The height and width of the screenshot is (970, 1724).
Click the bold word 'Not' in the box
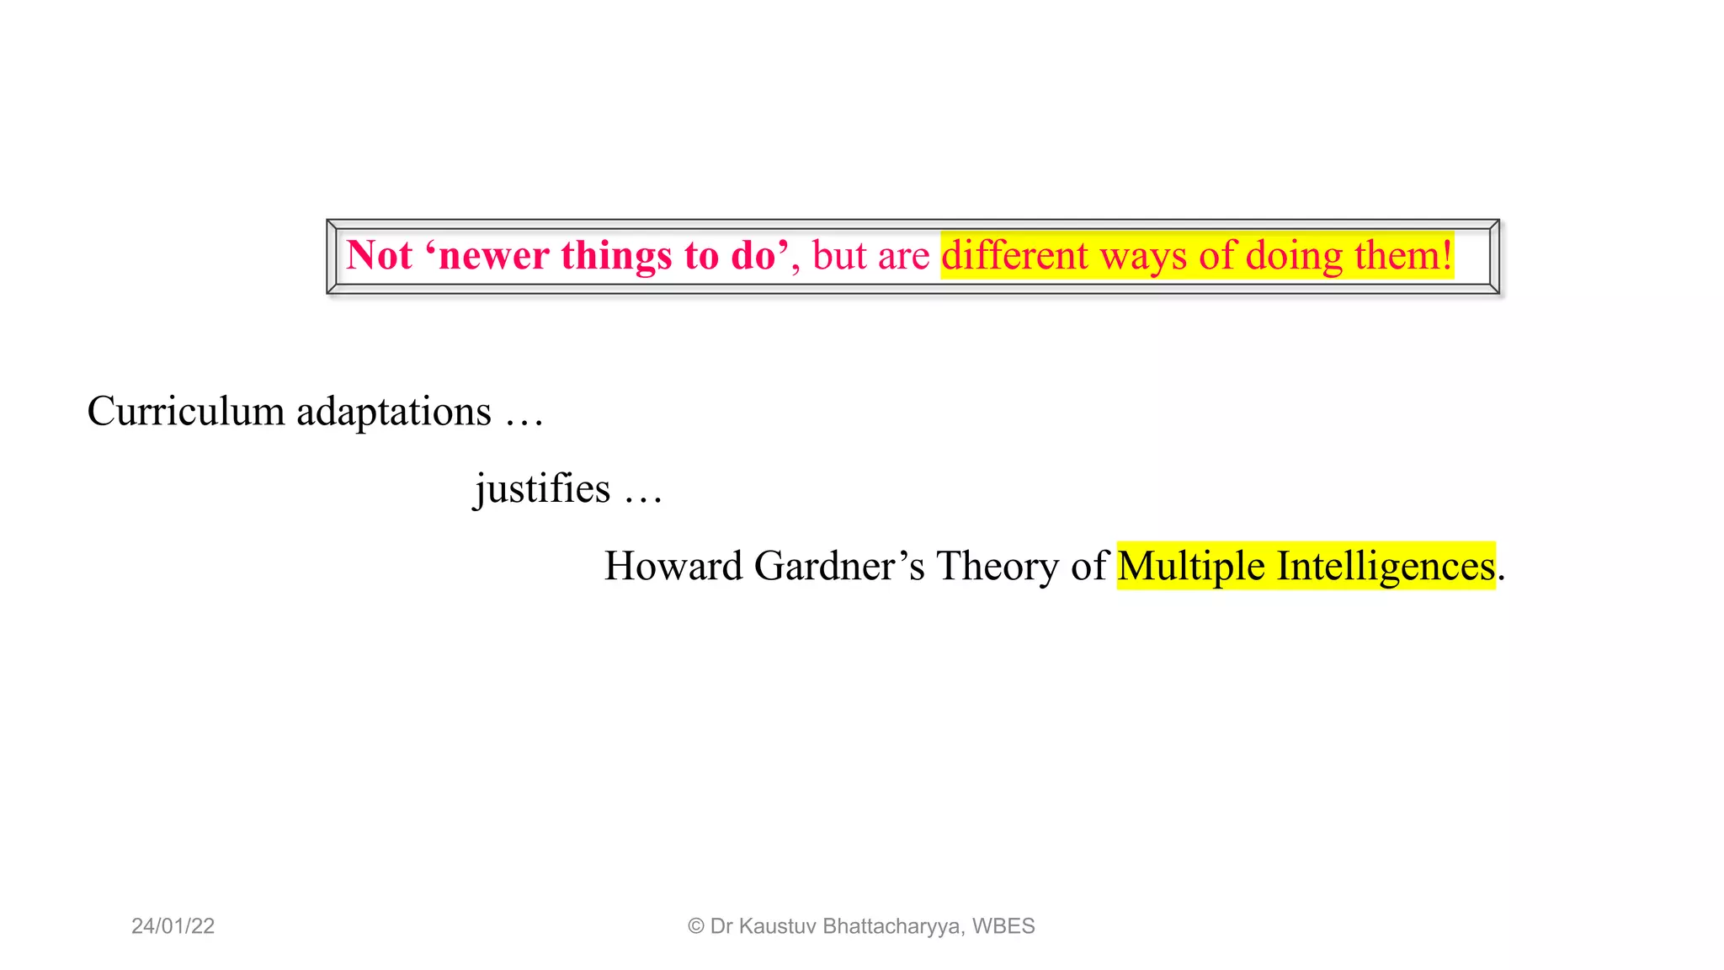(379, 255)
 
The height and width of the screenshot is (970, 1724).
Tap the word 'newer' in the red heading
(494, 255)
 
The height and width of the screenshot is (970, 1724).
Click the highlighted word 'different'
(1014, 255)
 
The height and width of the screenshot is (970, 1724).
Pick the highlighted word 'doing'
(1294, 255)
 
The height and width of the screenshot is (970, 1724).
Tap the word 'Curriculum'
(186, 412)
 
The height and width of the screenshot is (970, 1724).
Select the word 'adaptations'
(393, 412)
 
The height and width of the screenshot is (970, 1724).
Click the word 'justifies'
(542, 489)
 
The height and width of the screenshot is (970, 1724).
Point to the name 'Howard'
(673, 566)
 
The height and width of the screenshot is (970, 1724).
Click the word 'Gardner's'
(839, 566)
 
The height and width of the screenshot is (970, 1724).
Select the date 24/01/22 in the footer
(173, 926)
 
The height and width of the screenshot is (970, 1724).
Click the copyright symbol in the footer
(695, 926)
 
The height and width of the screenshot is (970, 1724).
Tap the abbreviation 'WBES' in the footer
(1003, 926)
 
